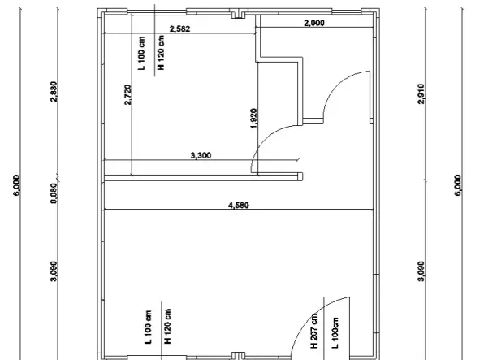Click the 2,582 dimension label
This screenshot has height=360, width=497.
coord(180,29)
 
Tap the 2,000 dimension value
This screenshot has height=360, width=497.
coord(314,23)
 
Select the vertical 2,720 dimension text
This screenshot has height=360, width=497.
coord(127,94)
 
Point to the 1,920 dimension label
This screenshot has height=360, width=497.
coord(253,119)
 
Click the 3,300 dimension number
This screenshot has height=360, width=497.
coord(201,156)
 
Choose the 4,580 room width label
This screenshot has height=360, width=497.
coord(239,206)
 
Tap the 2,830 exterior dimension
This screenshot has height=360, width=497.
coord(54,92)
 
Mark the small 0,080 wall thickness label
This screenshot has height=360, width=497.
coord(54,193)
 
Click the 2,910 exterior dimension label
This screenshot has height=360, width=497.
coord(421,93)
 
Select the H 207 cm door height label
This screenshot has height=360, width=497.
coord(313,331)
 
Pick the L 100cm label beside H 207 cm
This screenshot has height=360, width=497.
coord(335,332)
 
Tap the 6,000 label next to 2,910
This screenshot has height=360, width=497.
coord(458,185)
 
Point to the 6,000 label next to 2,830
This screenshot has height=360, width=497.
coord(16,185)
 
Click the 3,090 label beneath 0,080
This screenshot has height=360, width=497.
coord(54,271)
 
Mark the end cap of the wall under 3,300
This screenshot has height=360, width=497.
coord(300,176)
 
